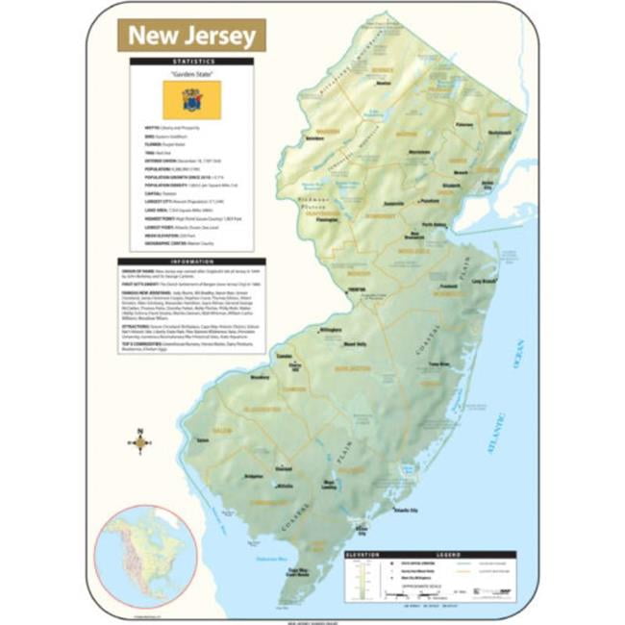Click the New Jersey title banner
pos(191,36)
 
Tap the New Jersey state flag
pos(191,96)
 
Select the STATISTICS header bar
pos(191,61)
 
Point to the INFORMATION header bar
pos(191,260)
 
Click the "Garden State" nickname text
pos(191,72)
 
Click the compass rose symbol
pos(140,443)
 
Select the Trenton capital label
pos(329,289)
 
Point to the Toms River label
pos(437,365)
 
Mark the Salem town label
pos(202,439)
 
